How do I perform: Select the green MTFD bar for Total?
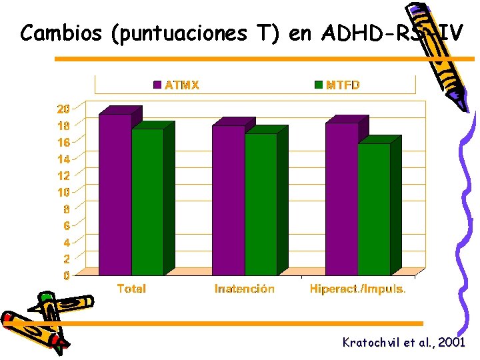click(x=147, y=201)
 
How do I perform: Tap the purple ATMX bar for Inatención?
click(x=229, y=200)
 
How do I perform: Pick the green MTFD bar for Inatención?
click(x=261, y=204)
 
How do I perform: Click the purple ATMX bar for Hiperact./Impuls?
click(x=342, y=199)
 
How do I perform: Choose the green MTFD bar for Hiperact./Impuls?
click(x=374, y=209)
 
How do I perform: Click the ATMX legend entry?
click(x=177, y=85)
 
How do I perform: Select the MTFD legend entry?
click(x=337, y=85)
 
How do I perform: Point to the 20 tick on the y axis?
click(x=63, y=109)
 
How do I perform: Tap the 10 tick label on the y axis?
click(x=63, y=192)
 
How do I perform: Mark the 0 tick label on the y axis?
click(x=66, y=275)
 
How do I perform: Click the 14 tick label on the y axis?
click(x=63, y=159)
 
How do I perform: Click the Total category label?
click(x=131, y=289)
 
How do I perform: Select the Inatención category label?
click(x=245, y=289)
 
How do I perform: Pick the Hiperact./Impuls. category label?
click(x=358, y=289)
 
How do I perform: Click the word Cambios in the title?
click(x=60, y=33)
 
